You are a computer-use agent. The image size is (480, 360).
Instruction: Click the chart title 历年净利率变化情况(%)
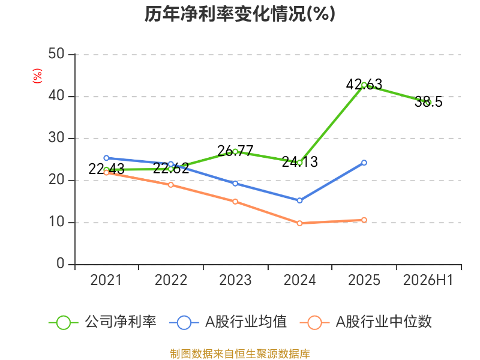click(x=239, y=14)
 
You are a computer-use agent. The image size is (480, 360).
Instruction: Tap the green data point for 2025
click(x=364, y=85)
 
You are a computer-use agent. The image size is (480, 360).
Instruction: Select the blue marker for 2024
click(x=299, y=200)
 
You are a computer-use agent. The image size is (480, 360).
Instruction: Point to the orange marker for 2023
click(x=235, y=202)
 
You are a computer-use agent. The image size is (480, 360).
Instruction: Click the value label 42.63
click(x=364, y=84)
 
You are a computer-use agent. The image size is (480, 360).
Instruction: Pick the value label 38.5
click(x=428, y=101)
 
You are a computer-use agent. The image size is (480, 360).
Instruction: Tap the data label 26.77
click(x=235, y=151)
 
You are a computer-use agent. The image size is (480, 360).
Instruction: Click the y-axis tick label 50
click(x=56, y=54)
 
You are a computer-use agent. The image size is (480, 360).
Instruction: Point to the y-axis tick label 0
click(x=61, y=263)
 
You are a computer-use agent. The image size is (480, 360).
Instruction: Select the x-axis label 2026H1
click(x=428, y=280)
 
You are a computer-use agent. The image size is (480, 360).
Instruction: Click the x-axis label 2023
click(x=235, y=280)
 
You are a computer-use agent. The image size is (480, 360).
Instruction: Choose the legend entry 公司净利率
click(x=103, y=322)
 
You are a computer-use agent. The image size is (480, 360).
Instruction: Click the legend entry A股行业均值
click(x=228, y=322)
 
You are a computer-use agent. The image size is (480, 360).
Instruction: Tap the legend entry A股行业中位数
click(x=365, y=322)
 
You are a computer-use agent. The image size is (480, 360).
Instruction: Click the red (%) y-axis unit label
click(x=37, y=76)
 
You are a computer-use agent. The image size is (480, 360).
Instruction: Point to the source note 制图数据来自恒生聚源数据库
click(x=240, y=354)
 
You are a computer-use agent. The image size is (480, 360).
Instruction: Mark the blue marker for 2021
click(x=106, y=158)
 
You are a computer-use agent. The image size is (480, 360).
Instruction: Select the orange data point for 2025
click(x=364, y=220)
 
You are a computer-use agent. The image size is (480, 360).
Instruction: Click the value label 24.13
click(x=299, y=161)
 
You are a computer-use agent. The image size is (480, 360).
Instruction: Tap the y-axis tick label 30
click(x=56, y=138)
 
